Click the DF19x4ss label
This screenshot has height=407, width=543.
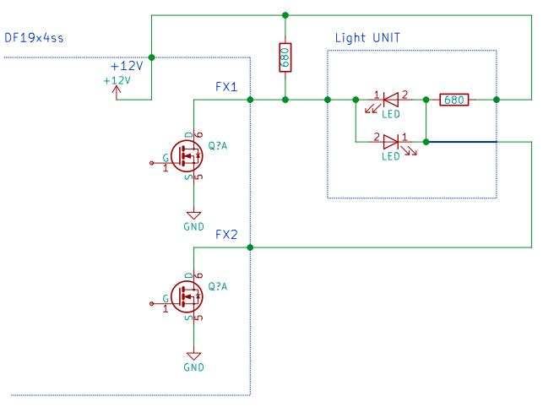[x=34, y=38]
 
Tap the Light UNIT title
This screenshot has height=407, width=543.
[x=367, y=38]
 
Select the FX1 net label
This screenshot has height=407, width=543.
[x=226, y=87]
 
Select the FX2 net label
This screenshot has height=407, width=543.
[x=226, y=235]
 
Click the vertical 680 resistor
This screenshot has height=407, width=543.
[x=285, y=57]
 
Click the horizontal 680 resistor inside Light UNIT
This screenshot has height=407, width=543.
[x=454, y=100]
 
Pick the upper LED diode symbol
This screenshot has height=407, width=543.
[x=391, y=100]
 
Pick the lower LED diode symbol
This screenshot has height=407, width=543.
[x=391, y=142]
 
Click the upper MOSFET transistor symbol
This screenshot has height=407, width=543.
[x=187, y=156]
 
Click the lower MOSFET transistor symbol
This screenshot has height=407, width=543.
[x=187, y=296]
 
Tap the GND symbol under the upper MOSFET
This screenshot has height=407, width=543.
[x=193, y=215]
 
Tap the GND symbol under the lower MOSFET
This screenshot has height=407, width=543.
[x=193, y=356]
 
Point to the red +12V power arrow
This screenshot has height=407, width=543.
[x=117, y=93]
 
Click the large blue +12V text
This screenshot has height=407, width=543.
[x=127, y=66]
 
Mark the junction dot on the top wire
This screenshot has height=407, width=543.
[x=285, y=15]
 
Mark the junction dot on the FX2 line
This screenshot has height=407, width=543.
[x=250, y=247]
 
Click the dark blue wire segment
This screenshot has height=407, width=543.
[x=462, y=142]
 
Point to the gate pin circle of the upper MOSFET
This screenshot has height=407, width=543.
[x=151, y=163]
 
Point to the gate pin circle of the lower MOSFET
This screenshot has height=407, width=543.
[x=151, y=303]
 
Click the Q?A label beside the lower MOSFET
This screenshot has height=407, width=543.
[x=218, y=286]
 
